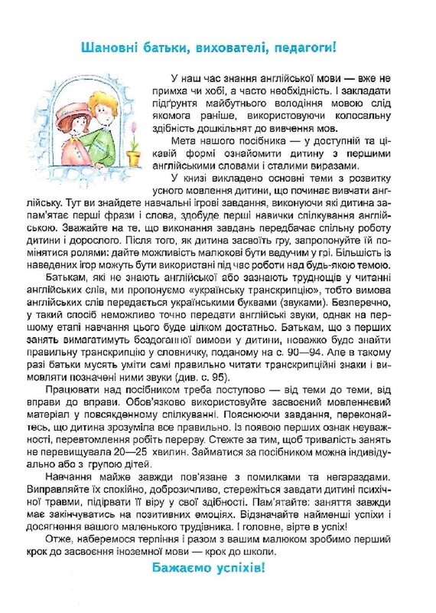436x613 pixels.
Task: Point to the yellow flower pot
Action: tap(134, 158)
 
